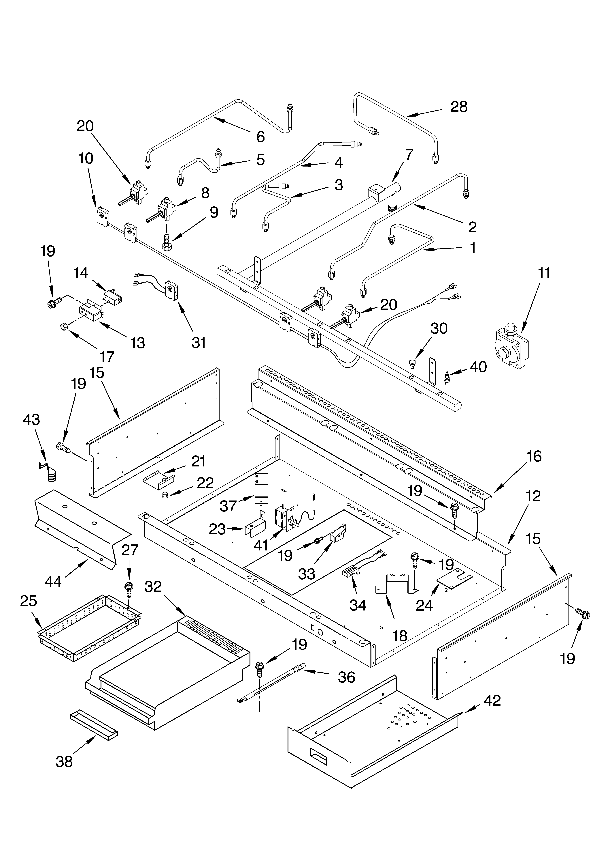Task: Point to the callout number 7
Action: click(409, 154)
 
